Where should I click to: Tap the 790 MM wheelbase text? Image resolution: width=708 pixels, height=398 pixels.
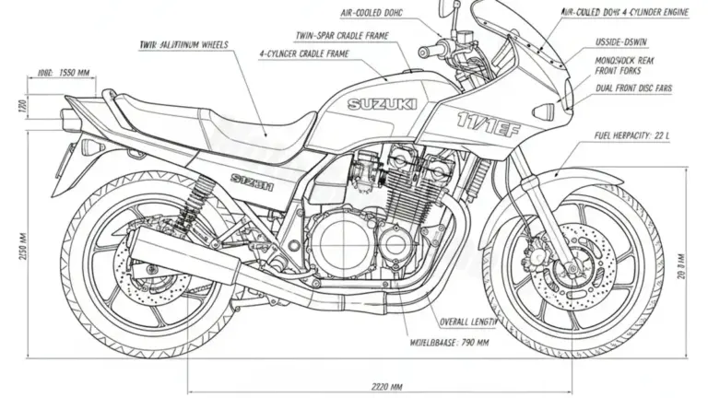447,341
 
